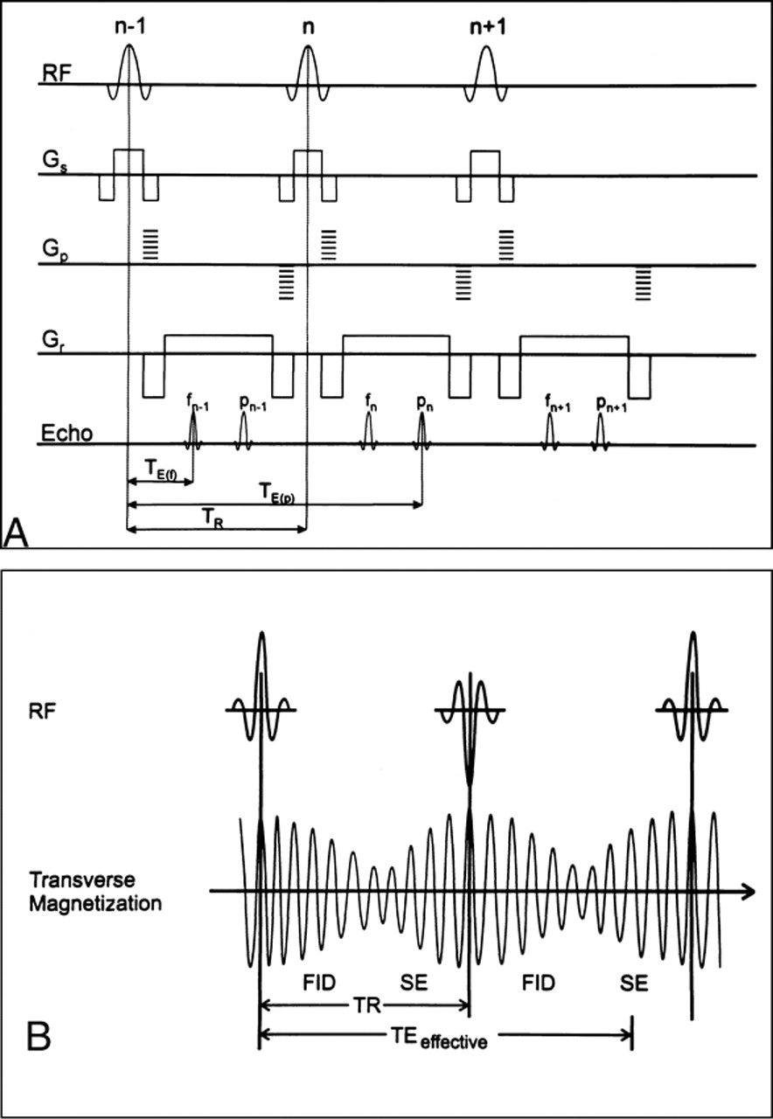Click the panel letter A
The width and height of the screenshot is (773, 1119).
click(x=17, y=532)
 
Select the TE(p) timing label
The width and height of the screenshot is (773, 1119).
click(x=277, y=494)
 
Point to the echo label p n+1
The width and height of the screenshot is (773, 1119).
click(x=602, y=403)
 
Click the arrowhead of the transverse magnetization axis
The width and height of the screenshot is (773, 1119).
click(x=749, y=892)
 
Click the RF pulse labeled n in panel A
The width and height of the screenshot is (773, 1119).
click(x=307, y=66)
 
